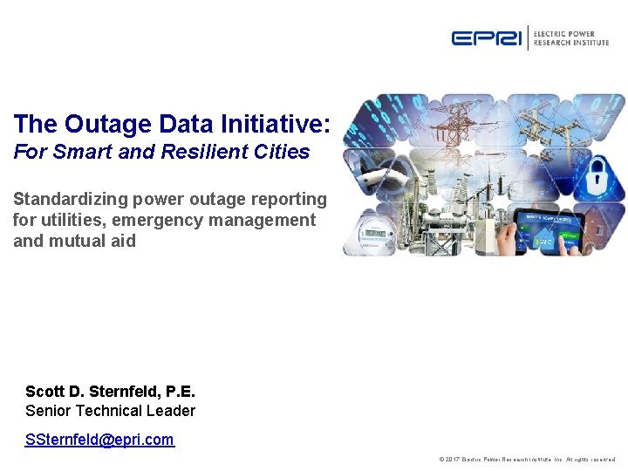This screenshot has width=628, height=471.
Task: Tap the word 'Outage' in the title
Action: [104, 125]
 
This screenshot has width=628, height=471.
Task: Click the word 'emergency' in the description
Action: [169, 220]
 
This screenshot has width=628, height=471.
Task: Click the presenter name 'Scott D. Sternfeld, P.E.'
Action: [110, 392]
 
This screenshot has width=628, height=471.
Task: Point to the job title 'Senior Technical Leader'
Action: [110, 411]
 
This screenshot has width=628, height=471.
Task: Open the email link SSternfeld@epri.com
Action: [99, 440]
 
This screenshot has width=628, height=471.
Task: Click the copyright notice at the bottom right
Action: [528, 460]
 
